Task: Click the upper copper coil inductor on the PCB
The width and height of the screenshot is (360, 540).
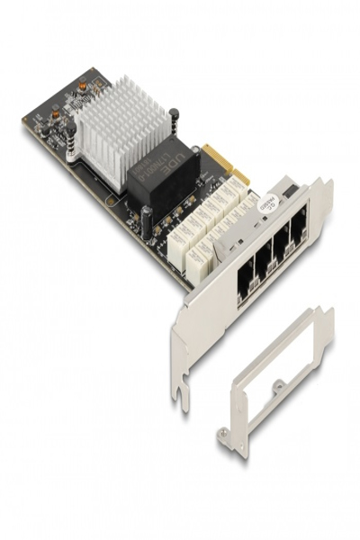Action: (x=82, y=89)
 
